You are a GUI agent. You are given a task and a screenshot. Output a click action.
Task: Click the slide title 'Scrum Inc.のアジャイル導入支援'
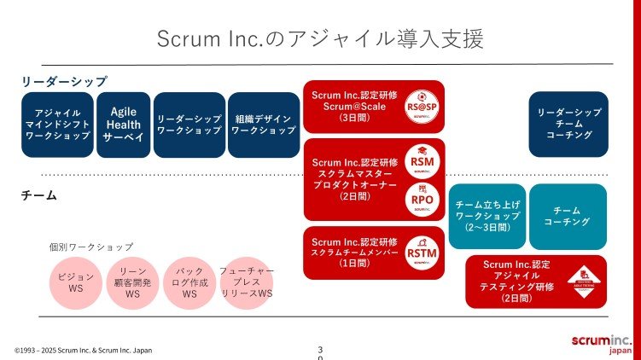(x=320, y=39)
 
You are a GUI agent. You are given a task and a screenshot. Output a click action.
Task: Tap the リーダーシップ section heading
(x=65, y=81)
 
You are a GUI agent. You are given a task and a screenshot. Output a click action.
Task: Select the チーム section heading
(x=38, y=195)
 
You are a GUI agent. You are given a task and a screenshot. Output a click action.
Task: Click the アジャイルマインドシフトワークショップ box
(x=57, y=125)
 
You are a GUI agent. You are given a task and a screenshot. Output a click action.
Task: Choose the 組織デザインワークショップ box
(x=263, y=125)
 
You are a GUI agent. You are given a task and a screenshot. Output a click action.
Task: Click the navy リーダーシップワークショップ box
(x=189, y=125)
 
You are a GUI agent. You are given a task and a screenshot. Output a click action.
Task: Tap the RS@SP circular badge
(x=421, y=106)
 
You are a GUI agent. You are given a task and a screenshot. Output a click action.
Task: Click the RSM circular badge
(x=422, y=162)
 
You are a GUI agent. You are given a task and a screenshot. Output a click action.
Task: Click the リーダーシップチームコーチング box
(x=568, y=125)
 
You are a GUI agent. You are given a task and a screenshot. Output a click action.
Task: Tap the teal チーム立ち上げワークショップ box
(x=487, y=217)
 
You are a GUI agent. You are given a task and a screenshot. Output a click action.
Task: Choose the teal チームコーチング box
(x=568, y=216)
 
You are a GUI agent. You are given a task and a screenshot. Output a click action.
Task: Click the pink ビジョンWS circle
(x=76, y=282)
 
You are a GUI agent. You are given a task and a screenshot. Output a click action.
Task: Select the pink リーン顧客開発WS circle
(x=132, y=282)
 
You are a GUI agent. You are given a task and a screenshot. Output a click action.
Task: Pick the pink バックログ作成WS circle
(x=189, y=282)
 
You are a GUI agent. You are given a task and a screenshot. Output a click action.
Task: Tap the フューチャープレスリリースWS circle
(x=247, y=282)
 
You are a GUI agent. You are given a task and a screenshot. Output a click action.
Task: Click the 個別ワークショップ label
(x=91, y=247)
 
